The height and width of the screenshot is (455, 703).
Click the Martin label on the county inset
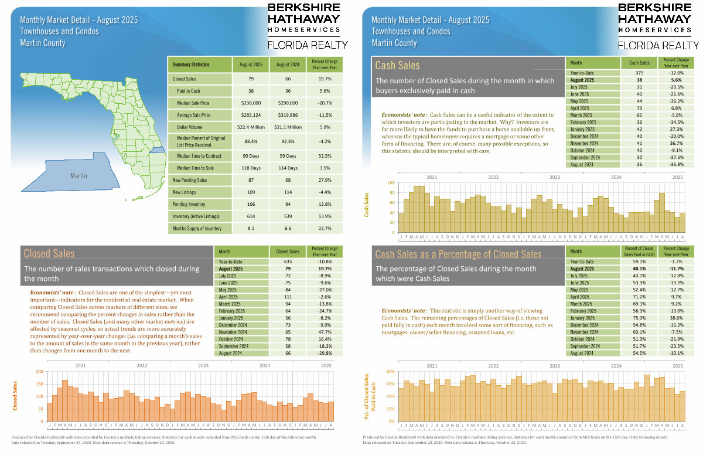pyautogui.click(x=79, y=175)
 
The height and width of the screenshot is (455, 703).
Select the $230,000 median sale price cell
pyautogui.click(x=251, y=102)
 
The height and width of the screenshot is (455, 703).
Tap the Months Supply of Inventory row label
pyautogui.click(x=197, y=228)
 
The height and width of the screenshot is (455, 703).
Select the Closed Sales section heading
pyautogui.click(x=49, y=253)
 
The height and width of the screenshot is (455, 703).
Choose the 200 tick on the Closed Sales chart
pyautogui.click(x=39, y=372)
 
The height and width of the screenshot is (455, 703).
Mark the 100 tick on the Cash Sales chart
pyautogui.click(x=391, y=183)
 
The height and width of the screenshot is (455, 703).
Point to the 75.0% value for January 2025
pyautogui.click(x=639, y=318)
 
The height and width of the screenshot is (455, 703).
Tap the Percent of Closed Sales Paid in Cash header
pyautogui.click(x=639, y=251)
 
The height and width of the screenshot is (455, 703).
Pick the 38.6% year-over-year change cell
pyautogui.click(x=675, y=318)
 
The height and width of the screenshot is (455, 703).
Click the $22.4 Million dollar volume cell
pyautogui.click(x=251, y=127)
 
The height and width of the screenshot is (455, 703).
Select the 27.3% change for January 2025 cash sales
pyautogui.click(x=675, y=129)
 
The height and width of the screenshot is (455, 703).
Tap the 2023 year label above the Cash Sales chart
pyautogui.click(x=554, y=176)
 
